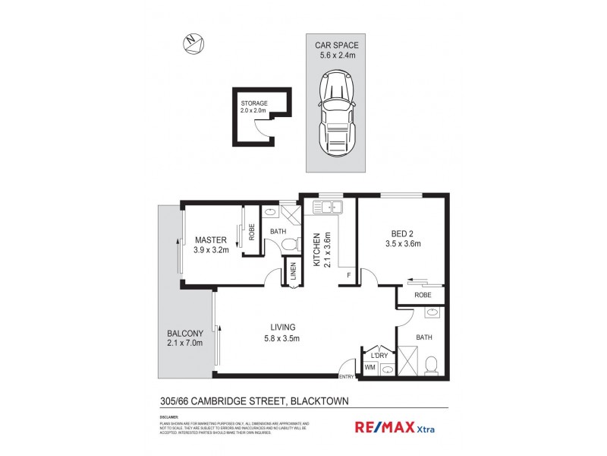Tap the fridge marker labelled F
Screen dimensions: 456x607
click(x=348, y=275)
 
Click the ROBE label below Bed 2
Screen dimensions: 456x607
click(x=423, y=294)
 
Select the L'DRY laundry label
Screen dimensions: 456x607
click(x=378, y=354)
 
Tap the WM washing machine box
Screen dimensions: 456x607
click(x=370, y=367)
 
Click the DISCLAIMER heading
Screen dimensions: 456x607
click(x=168, y=417)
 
